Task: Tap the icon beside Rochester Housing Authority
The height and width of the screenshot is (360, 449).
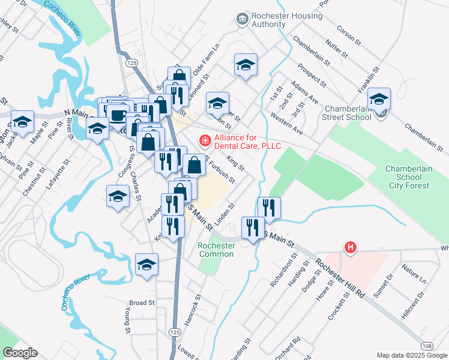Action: (242, 19)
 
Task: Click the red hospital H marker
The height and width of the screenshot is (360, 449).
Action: (349, 247)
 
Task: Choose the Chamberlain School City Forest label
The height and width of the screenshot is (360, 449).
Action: (408, 177)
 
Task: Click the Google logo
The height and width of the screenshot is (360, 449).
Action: (20, 353)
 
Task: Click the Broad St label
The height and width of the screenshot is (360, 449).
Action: (142, 303)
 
